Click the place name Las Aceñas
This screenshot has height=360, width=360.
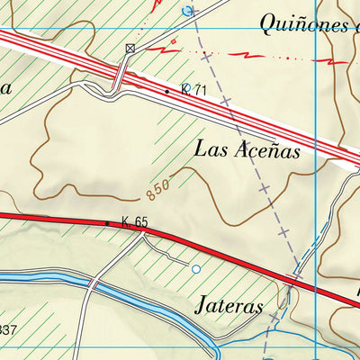click(246, 149)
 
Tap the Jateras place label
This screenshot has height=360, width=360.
click(229, 306)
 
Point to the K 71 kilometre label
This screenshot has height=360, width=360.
click(193, 91)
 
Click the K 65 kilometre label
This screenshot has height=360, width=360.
click(134, 221)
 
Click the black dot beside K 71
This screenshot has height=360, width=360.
click(167, 91)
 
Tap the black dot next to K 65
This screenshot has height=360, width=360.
click(108, 222)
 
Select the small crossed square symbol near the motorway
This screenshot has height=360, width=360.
click(131, 49)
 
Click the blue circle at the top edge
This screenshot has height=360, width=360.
click(187, 11)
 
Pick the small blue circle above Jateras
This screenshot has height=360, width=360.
click(196, 268)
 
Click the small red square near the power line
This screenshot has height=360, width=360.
click(174, 41)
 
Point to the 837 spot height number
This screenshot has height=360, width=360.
click(7, 329)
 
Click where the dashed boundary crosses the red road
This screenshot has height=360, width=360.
click(293, 279)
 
